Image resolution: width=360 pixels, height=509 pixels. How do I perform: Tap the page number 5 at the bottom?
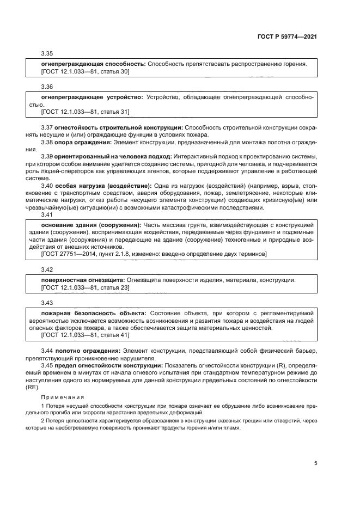[x=316, y=463]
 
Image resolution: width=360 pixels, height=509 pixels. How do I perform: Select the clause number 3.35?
[x=47, y=54]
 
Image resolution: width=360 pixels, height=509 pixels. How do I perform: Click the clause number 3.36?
[x=47, y=87]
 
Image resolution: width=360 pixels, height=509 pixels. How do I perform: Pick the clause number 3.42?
[x=47, y=270]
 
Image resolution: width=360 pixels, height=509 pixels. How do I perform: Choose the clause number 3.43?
[x=47, y=303]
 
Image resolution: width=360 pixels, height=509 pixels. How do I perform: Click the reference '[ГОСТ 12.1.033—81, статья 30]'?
[x=86, y=71]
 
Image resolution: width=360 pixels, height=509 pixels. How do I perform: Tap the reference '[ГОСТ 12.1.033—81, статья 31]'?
[x=86, y=112]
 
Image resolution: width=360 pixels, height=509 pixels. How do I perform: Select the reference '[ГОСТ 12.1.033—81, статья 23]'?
[x=86, y=287]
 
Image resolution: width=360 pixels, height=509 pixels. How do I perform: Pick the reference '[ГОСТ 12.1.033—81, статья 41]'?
[x=86, y=335]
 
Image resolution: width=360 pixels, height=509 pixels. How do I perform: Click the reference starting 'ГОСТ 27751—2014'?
[x=154, y=254]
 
